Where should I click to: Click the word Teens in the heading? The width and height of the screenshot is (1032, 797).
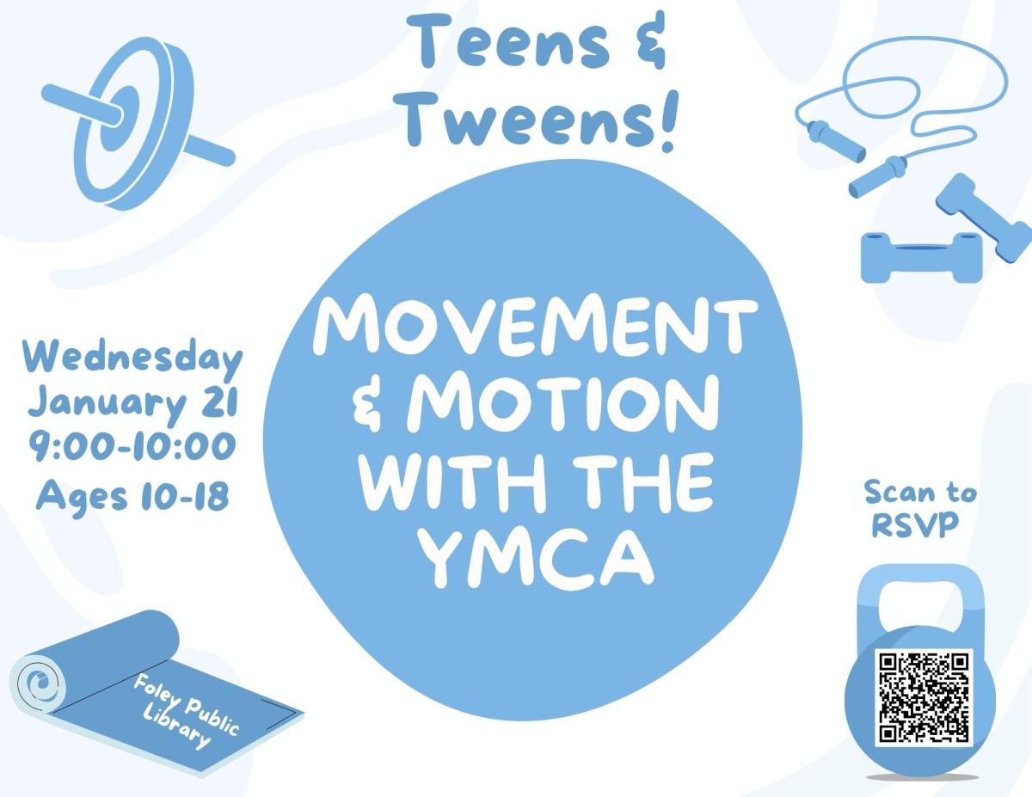(507, 41)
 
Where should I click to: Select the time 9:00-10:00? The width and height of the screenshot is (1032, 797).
(132, 447)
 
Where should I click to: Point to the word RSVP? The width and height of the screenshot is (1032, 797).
(915, 525)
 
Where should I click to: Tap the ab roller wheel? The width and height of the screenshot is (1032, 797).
(134, 124)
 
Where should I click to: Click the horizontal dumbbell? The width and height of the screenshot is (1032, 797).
(921, 257)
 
